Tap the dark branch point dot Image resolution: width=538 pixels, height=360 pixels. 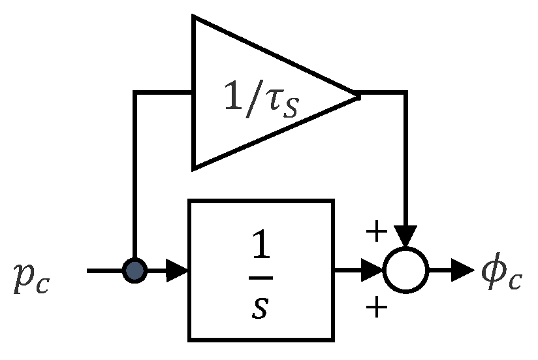(x=134, y=269)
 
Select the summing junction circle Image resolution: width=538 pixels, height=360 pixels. (x=405, y=269)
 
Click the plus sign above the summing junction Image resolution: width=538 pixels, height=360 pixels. (x=375, y=232)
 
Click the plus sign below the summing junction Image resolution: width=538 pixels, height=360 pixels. (x=375, y=307)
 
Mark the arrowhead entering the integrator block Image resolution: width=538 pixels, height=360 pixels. (x=178, y=269)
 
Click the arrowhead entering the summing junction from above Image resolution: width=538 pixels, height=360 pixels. (x=405, y=237)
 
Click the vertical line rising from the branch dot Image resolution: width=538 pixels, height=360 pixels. (x=134, y=176)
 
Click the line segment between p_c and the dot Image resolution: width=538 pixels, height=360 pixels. (x=104, y=269)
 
